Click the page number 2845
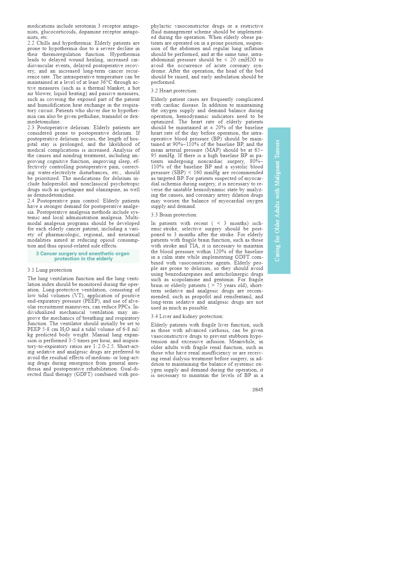tap(258, 390)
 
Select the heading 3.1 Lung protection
tap(50, 270)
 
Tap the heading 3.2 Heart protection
tap(174, 91)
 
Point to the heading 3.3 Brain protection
tap(174, 215)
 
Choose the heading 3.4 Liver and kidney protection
tap(187, 316)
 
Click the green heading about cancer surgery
tap(83, 256)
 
